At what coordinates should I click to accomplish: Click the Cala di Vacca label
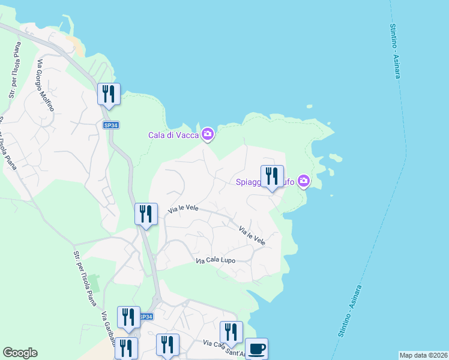click(173, 135)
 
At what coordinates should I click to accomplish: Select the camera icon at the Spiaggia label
click(304, 181)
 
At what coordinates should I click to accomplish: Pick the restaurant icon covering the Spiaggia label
click(272, 176)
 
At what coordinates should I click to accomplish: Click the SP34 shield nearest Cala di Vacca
click(110, 125)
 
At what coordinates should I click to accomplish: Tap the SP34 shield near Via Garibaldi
click(146, 316)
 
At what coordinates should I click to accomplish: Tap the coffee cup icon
click(256, 349)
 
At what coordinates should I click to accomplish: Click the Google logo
click(20, 353)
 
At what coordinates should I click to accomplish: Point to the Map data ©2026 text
click(424, 355)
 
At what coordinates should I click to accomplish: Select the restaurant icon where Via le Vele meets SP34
click(146, 214)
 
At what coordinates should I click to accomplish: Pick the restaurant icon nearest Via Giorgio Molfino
click(109, 94)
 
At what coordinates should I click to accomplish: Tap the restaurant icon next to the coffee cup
click(231, 332)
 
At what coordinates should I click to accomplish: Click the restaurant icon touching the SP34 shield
click(128, 317)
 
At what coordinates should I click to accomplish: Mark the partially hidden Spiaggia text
click(247, 181)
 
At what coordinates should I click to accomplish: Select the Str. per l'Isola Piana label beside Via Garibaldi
click(84, 277)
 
